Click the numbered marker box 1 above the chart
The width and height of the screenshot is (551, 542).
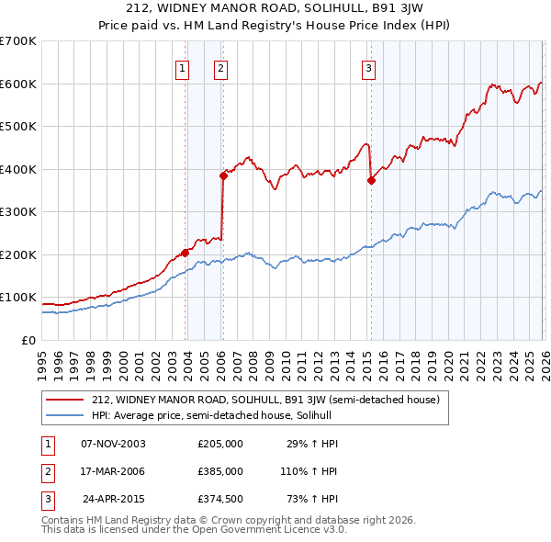[182, 67]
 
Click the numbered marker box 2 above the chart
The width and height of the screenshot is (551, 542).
[221, 67]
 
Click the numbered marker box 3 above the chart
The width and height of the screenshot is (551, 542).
[368, 67]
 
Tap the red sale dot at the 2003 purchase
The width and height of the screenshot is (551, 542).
[185, 253]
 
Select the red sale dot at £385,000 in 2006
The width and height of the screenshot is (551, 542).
[223, 175]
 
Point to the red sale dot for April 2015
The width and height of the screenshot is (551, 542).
[371, 180]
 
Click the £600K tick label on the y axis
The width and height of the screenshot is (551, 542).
[18, 84]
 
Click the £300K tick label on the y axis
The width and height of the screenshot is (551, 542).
[18, 212]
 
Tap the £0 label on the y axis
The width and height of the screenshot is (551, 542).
[28, 341]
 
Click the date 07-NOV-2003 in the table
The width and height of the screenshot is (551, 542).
[113, 443]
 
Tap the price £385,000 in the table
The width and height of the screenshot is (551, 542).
[220, 471]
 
